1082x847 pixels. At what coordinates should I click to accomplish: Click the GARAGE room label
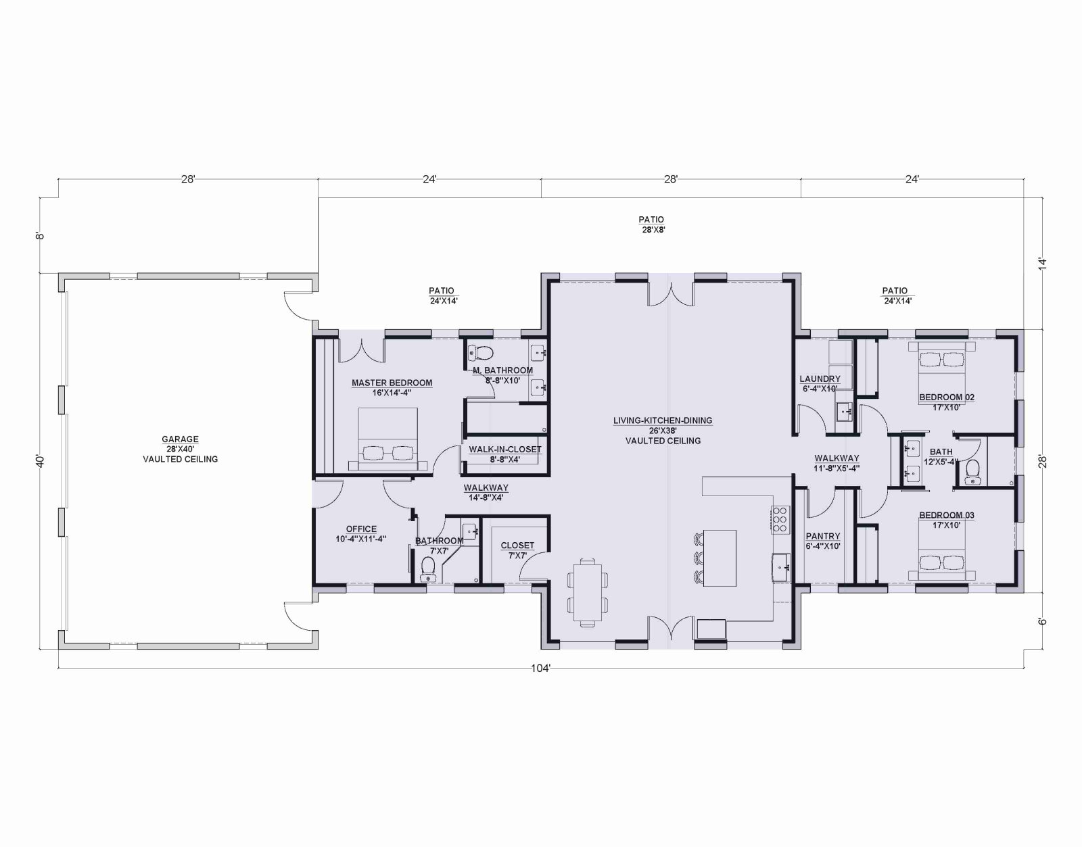coord(180,439)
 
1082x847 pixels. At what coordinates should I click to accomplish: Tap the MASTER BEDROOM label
coord(392,383)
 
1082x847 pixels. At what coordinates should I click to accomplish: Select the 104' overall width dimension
coord(541,669)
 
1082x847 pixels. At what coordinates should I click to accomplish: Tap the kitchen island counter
coord(720,558)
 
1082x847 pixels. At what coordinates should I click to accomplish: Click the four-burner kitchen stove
coord(780,520)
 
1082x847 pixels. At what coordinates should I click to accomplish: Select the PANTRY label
coord(822,536)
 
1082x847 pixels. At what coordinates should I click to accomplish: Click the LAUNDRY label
coord(820,379)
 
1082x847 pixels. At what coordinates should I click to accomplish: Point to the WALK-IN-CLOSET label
coord(505,450)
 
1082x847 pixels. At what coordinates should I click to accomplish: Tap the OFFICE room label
coord(361,529)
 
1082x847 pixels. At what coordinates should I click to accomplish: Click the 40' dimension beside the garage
coord(41,461)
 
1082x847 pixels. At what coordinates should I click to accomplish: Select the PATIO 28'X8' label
coord(651,224)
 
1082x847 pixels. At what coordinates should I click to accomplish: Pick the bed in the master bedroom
coord(388,439)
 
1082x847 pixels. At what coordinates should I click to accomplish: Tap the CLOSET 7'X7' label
coord(517,550)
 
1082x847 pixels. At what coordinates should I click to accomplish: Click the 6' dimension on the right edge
coord(1043,622)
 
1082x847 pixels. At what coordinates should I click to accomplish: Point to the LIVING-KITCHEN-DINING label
coord(663,420)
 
